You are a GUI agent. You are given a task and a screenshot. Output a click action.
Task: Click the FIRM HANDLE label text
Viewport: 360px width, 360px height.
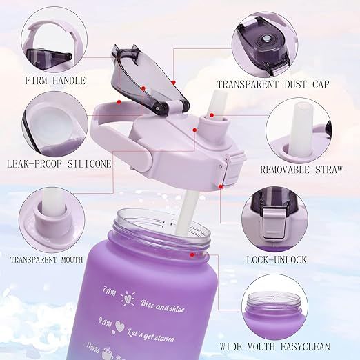(55, 81)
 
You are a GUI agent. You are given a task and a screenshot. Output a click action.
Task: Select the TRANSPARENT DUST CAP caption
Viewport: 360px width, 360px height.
(274, 85)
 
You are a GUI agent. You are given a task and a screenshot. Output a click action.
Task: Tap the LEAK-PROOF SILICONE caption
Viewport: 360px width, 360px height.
(59, 163)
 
